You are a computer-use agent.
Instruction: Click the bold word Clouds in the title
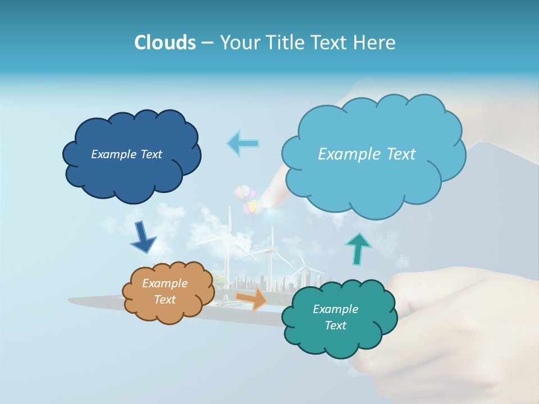[165, 43]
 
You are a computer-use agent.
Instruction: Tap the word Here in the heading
[375, 43]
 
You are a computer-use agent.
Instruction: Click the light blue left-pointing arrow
[243, 143]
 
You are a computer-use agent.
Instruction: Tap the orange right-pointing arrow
[252, 299]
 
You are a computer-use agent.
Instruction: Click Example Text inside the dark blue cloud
[126, 154]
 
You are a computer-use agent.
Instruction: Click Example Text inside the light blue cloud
[367, 154]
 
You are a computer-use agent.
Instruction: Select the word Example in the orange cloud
[165, 283]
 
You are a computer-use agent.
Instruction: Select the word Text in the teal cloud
[335, 325]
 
